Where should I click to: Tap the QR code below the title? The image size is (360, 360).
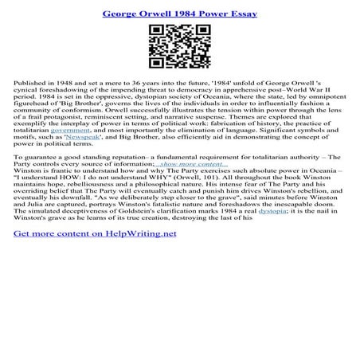point(179,47)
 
